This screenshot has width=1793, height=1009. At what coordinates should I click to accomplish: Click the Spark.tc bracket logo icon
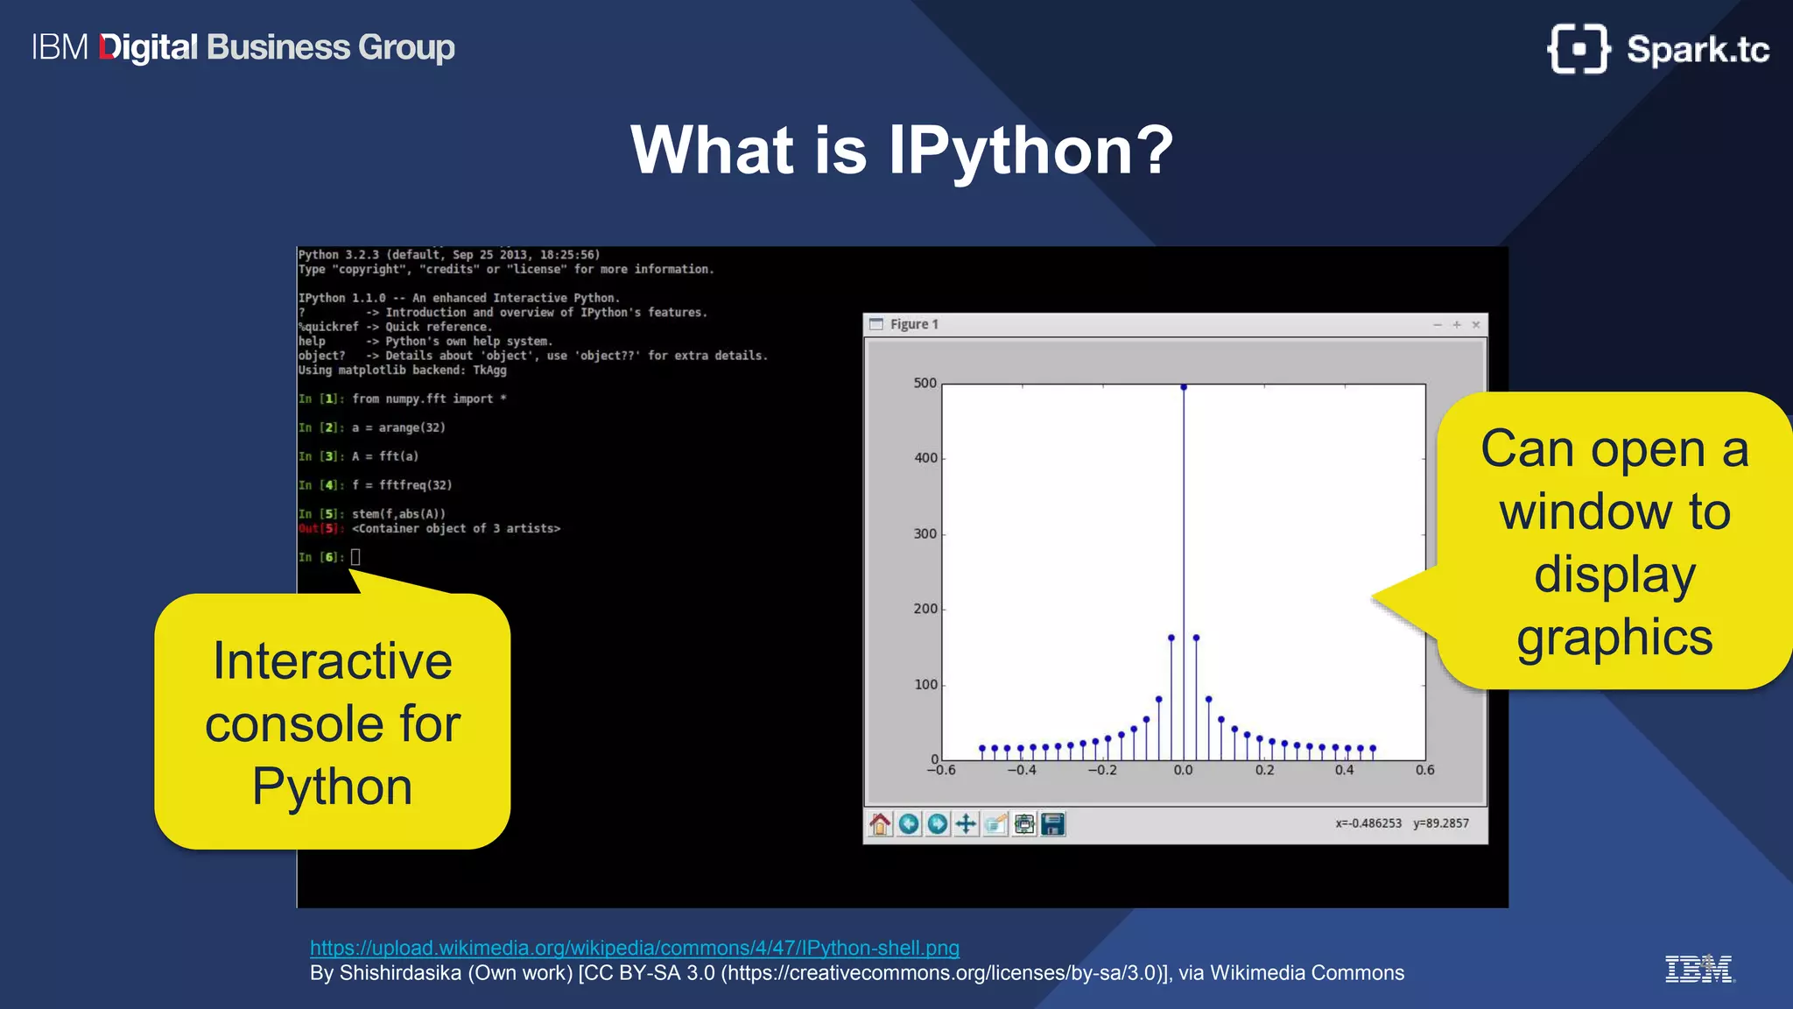[x=1578, y=49]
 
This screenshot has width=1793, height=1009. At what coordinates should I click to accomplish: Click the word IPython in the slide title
[x=1030, y=151]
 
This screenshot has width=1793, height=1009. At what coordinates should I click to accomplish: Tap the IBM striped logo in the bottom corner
[x=1698, y=970]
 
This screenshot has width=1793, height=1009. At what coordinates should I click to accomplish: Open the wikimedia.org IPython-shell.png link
[x=634, y=948]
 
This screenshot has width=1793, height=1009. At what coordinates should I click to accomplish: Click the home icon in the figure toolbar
[x=880, y=823]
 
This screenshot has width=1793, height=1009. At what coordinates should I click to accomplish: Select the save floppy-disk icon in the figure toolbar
[x=1053, y=823]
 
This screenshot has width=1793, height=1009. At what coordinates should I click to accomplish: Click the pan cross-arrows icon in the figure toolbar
[x=966, y=823]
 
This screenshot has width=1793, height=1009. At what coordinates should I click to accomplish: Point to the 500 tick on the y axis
[x=925, y=384]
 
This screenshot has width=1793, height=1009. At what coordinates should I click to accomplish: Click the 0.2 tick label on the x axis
[x=1264, y=771]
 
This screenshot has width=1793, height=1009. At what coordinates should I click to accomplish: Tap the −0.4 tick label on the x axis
[x=1021, y=771]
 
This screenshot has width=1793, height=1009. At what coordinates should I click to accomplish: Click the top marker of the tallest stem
[x=1184, y=386]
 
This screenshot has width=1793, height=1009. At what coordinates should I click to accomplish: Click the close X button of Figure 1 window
[x=1476, y=325]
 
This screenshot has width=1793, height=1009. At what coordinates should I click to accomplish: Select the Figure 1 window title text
[x=914, y=325]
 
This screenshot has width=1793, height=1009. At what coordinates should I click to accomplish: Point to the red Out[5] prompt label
[x=319, y=529]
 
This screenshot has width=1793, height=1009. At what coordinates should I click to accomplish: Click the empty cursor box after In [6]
[x=355, y=557]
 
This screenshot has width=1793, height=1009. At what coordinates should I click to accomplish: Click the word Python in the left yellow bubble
[x=332, y=787]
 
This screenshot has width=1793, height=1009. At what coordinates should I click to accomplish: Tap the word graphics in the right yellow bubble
[x=1614, y=637]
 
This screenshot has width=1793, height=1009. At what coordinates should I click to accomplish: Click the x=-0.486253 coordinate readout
[x=1368, y=823]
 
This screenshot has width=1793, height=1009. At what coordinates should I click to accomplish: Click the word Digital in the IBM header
[x=149, y=47]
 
